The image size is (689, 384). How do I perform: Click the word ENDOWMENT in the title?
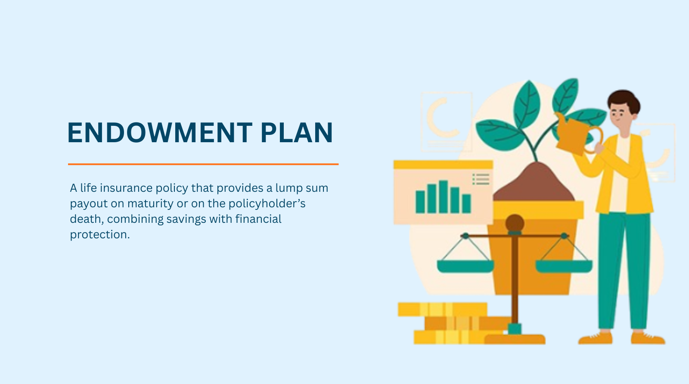coord(160,132)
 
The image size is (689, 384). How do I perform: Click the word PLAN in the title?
coord(297,132)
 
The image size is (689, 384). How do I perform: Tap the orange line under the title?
coord(203,164)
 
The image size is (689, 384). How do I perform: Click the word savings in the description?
coord(186,219)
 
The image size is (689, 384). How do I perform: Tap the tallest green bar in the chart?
coord(443,197)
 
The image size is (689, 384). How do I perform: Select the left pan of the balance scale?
coord(466,266)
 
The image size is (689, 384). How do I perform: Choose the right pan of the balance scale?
coord(564,266)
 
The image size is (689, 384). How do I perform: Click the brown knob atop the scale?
coord(515,223)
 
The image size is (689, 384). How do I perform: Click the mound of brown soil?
coord(534,183)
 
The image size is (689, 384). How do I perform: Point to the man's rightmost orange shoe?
coord(648,338)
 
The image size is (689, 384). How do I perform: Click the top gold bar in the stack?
coord(442,309)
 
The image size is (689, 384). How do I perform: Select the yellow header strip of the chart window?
coord(443,165)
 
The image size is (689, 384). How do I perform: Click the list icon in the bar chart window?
coord(481,179)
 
